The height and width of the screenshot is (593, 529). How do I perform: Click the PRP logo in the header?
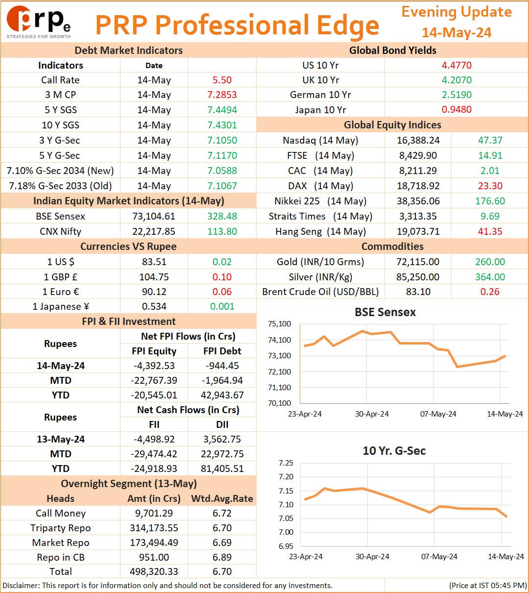click(x=39, y=22)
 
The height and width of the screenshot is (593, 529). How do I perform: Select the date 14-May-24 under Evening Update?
click(x=457, y=32)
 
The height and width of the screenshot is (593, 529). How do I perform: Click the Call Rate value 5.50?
click(x=222, y=80)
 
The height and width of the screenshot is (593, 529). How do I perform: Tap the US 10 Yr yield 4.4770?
click(x=457, y=65)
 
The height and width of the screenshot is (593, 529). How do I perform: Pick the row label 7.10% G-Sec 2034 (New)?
click(x=60, y=171)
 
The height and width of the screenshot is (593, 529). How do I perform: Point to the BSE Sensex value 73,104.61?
click(x=154, y=216)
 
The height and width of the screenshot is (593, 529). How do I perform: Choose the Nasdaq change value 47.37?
click(x=490, y=140)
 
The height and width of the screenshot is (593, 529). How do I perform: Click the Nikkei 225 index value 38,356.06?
click(x=418, y=201)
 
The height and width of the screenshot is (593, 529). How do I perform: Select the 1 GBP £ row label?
click(x=61, y=277)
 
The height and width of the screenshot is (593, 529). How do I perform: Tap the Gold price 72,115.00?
click(x=418, y=262)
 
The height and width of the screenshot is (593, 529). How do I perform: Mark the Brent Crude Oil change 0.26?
click(x=490, y=292)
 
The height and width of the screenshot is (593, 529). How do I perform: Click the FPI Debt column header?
click(x=222, y=351)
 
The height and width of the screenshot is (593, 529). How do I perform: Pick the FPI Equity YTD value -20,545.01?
click(x=154, y=395)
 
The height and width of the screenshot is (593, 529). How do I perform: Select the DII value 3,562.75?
click(x=222, y=439)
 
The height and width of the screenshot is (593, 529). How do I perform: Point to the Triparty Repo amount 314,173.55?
click(x=154, y=528)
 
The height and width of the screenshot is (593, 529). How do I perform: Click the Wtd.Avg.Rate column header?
click(x=222, y=498)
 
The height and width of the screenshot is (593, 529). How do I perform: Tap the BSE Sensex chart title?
click(x=385, y=312)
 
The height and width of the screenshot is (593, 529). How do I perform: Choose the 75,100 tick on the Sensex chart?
click(x=279, y=324)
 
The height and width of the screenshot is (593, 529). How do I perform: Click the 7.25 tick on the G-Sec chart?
click(x=286, y=463)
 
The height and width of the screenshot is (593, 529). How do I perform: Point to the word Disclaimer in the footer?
click(x=21, y=585)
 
